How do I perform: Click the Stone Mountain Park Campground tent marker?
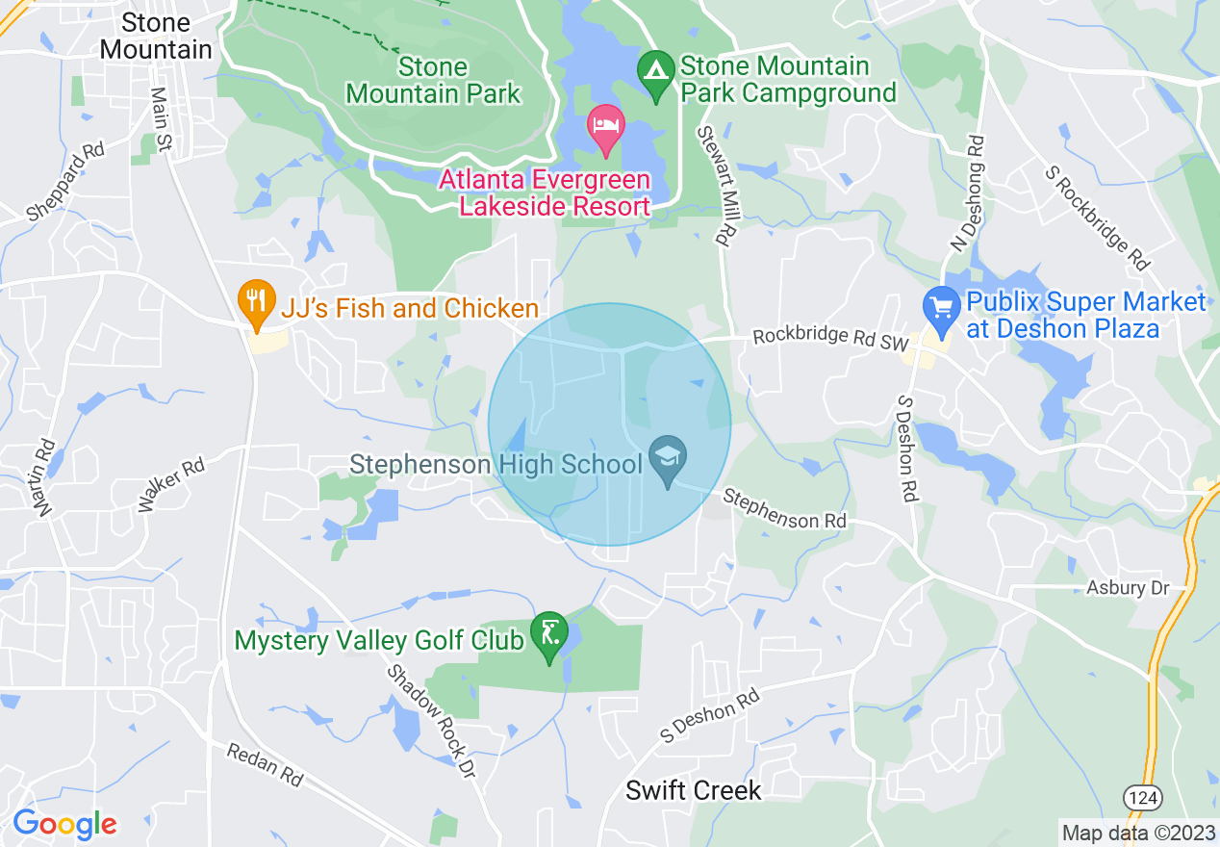pos(656,74)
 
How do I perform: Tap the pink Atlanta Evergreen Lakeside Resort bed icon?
pos(605,129)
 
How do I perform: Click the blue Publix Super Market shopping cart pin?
pos(941,309)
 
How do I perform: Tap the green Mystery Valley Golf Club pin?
pos(549,636)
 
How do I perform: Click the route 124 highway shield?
pos(1142,798)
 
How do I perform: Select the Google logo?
pos(64,824)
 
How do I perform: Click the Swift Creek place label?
pos(693,791)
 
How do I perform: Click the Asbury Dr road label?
pos(1128,587)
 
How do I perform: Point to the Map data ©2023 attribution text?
pos(1138,833)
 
